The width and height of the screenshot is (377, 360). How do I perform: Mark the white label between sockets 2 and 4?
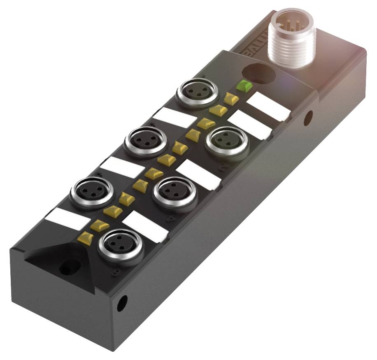199,174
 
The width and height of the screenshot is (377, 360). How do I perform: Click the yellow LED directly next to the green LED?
230,98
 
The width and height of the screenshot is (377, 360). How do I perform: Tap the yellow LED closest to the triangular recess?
86,238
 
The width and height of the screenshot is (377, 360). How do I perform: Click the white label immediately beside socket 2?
249,125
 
